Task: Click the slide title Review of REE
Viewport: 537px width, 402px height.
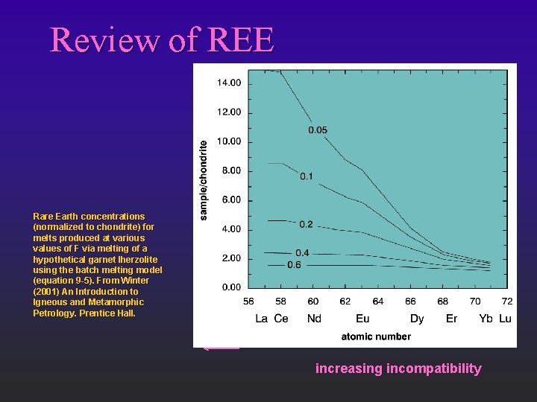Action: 162,40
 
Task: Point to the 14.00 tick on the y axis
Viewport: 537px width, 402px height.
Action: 229,83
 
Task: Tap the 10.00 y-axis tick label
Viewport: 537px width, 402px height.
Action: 229,141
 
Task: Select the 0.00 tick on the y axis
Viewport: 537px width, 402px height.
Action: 230,287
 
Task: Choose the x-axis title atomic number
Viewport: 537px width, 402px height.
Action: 376,336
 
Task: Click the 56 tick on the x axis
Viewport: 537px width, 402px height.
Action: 248,301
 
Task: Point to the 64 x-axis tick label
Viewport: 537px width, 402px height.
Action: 378,301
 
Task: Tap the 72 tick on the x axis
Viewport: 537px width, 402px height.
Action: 506,301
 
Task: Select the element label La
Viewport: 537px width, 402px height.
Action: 262,319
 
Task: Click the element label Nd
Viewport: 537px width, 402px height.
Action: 314,319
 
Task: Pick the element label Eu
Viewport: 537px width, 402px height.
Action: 362,319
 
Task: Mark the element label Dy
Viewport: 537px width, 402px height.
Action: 417,319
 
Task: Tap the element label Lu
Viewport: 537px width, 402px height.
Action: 505,319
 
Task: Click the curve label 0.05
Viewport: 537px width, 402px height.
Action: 318,130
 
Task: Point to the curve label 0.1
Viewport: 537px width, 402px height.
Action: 307,176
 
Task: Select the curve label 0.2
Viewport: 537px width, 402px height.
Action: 306,224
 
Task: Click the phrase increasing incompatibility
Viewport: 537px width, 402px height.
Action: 398,368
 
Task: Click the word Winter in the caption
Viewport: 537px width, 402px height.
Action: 134,281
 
